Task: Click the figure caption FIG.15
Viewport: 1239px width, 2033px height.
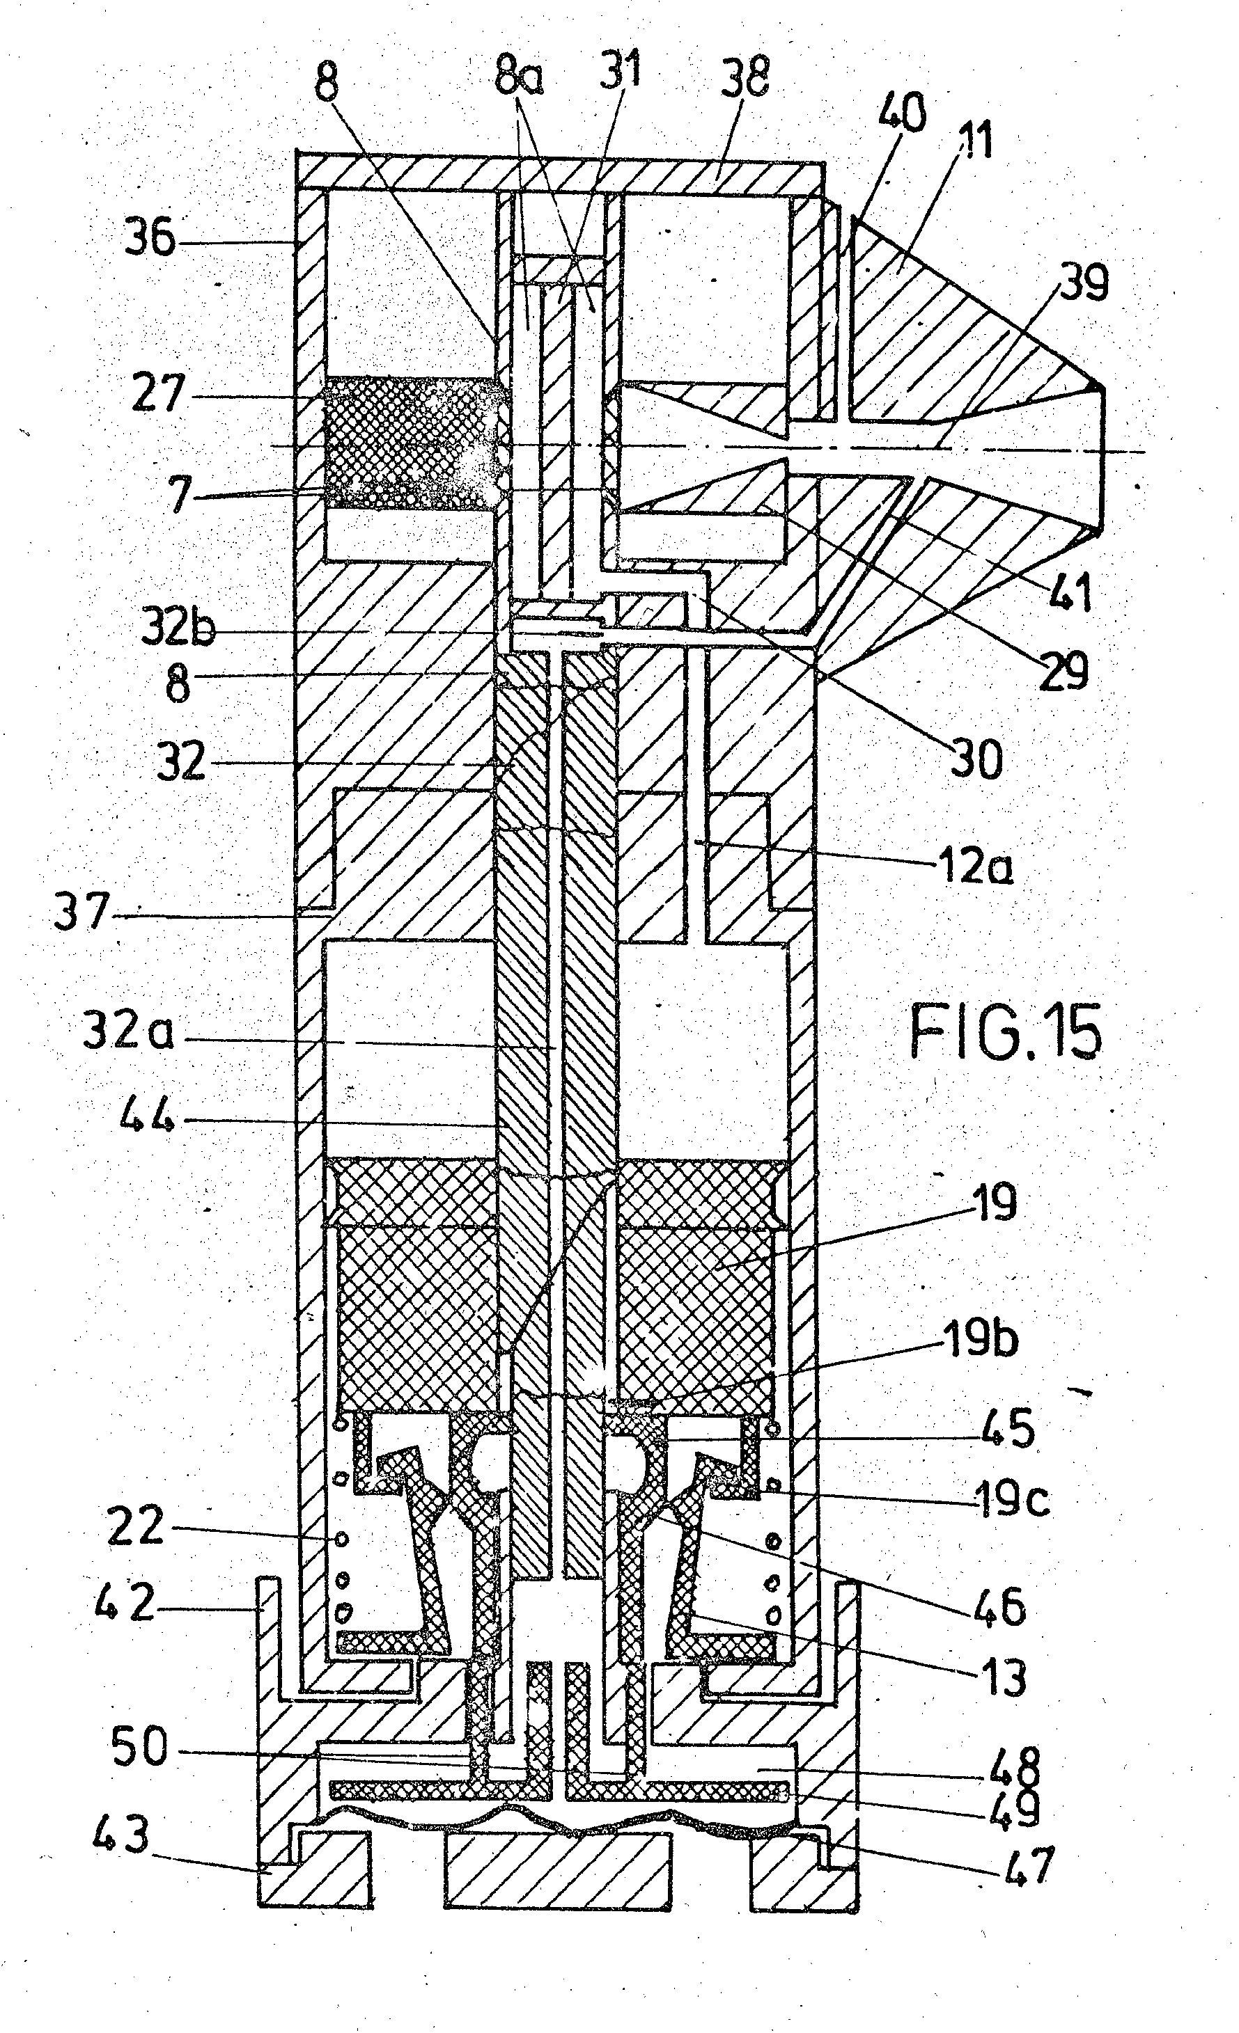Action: [x=1006, y=1031]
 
